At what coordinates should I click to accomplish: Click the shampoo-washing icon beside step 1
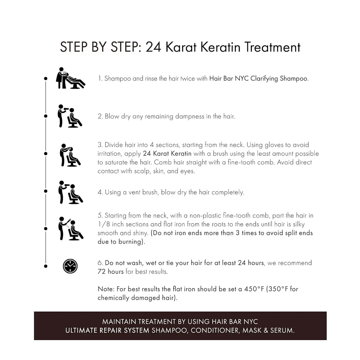[x=70, y=78]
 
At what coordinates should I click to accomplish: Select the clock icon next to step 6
[x=70, y=266]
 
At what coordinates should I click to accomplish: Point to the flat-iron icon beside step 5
[x=70, y=228]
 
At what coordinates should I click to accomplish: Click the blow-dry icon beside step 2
[x=70, y=116]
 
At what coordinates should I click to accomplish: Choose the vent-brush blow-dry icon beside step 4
[x=70, y=192]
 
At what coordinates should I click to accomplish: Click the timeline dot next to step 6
[x=46, y=266]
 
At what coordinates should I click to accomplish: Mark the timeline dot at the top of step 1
[x=46, y=78]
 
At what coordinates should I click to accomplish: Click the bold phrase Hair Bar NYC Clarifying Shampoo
[x=258, y=79]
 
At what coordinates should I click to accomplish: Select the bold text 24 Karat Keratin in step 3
[x=167, y=154]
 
